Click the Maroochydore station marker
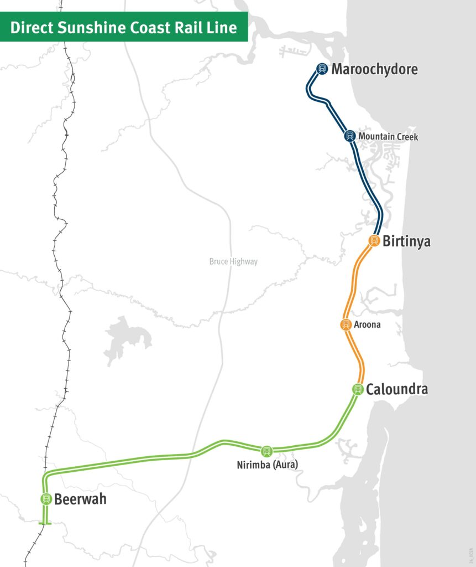tap(322, 69)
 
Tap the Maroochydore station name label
tap(374, 69)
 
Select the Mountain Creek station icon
tap(349, 136)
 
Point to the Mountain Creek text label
tap(388, 136)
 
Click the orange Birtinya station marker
tap(374, 241)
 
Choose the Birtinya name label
tap(406, 242)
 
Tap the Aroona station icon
tap(346, 324)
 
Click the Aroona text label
tap(367, 325)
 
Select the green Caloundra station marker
tap(358, 389)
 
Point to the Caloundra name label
tap(396, 389)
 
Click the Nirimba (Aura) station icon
tap(267, 451)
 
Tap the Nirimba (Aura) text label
tap(267, 465)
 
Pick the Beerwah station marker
tap(46, 499)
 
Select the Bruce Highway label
tap(233, 262)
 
